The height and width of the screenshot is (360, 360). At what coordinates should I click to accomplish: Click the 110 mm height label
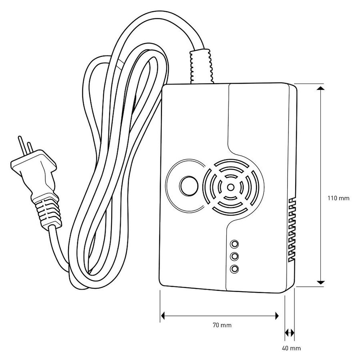click(338, 198)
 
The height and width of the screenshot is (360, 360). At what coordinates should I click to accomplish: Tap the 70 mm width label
click(222, 325)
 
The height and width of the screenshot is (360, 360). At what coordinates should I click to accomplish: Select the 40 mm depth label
click(291, 348)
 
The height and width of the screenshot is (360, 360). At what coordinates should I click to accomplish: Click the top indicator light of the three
click(234, 244)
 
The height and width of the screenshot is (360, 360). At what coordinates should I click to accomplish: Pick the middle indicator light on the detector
click(234, 256)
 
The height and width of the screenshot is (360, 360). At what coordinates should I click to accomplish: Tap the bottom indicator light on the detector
click(234, 269)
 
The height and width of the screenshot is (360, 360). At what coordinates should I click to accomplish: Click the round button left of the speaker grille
click(188, 186)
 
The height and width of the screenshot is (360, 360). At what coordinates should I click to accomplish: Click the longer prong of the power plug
click(21, 146)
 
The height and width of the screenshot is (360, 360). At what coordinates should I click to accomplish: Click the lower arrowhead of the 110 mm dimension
click(320, 283)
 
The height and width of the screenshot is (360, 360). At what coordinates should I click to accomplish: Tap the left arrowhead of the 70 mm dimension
click(163, 316)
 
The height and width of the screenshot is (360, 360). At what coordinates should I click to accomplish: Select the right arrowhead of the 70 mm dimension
click(277, 316)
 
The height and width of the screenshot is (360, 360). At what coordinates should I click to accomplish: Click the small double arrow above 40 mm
click(289, 332)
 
